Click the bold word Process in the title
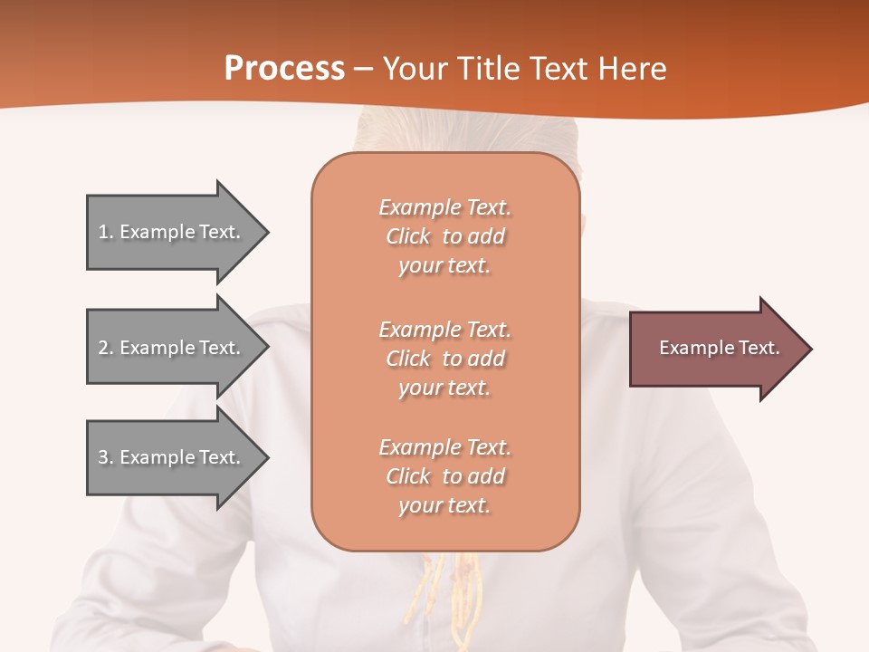[284, 69]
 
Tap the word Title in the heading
[490, 69]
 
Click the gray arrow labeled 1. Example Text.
[172, 232]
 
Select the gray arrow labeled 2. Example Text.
[172, 348]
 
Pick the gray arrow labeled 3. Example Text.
[172, 457]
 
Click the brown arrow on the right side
[715, 349]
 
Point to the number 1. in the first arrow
[106, 232]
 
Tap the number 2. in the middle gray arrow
[106, 348]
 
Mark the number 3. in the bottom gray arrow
[106, 457]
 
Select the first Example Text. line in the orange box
[444, 207]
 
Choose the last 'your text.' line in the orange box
[444, 506]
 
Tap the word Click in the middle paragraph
[407, 359]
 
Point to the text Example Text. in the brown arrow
[719, 348]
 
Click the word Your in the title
[415, 69]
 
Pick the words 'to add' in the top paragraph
[473, 236]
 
